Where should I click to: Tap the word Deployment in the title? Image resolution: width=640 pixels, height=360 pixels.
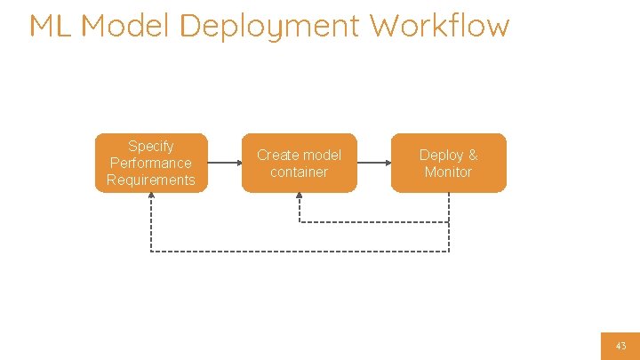270,27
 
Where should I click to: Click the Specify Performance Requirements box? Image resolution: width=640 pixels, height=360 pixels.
151,163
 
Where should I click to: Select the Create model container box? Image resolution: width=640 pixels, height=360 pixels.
300,163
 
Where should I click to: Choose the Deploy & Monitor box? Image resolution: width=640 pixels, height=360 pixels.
449,163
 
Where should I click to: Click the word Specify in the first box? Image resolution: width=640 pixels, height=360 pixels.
151,146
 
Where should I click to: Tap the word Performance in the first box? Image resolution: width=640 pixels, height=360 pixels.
151,163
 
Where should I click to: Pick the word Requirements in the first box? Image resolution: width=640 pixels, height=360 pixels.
151,180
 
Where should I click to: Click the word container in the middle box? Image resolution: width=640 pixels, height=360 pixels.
300,172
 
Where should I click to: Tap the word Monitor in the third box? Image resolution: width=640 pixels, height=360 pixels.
449,172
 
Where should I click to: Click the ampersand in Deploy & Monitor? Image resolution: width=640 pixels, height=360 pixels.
472,155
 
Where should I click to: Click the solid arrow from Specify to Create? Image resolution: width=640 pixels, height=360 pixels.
225,163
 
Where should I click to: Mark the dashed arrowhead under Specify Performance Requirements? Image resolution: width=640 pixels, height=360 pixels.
151,196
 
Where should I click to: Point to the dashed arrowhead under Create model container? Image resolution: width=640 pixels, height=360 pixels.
300,196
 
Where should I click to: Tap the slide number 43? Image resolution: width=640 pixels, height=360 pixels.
620,346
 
